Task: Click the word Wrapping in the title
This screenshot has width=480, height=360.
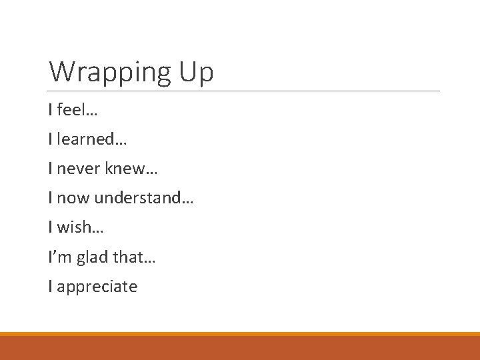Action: click(x=109, y=72)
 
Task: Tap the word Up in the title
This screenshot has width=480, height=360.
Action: click(x=195, y=72)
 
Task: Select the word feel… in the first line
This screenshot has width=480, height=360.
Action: click(x=77, y=109)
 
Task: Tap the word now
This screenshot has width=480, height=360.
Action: click(x=73, y=198)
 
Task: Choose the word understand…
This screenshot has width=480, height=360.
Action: click(x=143, y=198)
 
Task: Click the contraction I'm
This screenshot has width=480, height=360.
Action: click(x=57, y=257)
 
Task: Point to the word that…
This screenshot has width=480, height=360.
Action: click(x=137, y=257)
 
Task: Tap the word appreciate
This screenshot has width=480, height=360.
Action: click(x=97, y=287)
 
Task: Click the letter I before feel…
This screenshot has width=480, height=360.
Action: click(x=51, y=109)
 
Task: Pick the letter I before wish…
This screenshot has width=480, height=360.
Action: click(x=51, y=227)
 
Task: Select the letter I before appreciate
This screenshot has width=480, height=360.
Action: click(x=51, y=287)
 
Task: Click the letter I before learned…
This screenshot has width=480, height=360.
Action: click(x=51, y=139)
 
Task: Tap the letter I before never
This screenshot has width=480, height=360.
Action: click(x=51, y=169)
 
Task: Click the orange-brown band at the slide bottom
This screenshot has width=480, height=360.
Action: click(x=240, y=348)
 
